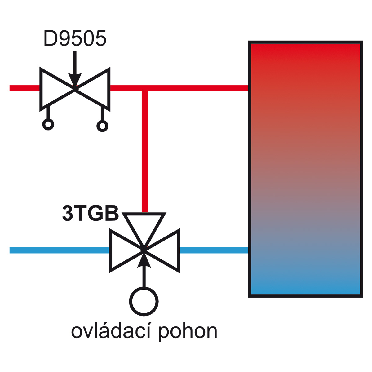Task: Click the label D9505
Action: (75, 38)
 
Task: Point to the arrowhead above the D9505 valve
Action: (75, 79)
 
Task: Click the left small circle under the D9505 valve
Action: (48, 124)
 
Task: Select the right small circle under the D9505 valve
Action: (102, 126)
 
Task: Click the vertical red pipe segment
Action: (145, 152)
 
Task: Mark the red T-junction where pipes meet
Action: (145, 88)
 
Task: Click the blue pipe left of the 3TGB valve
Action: (59, 250)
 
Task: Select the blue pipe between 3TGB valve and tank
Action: (214, 250)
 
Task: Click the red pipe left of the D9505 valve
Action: (25, 88)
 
